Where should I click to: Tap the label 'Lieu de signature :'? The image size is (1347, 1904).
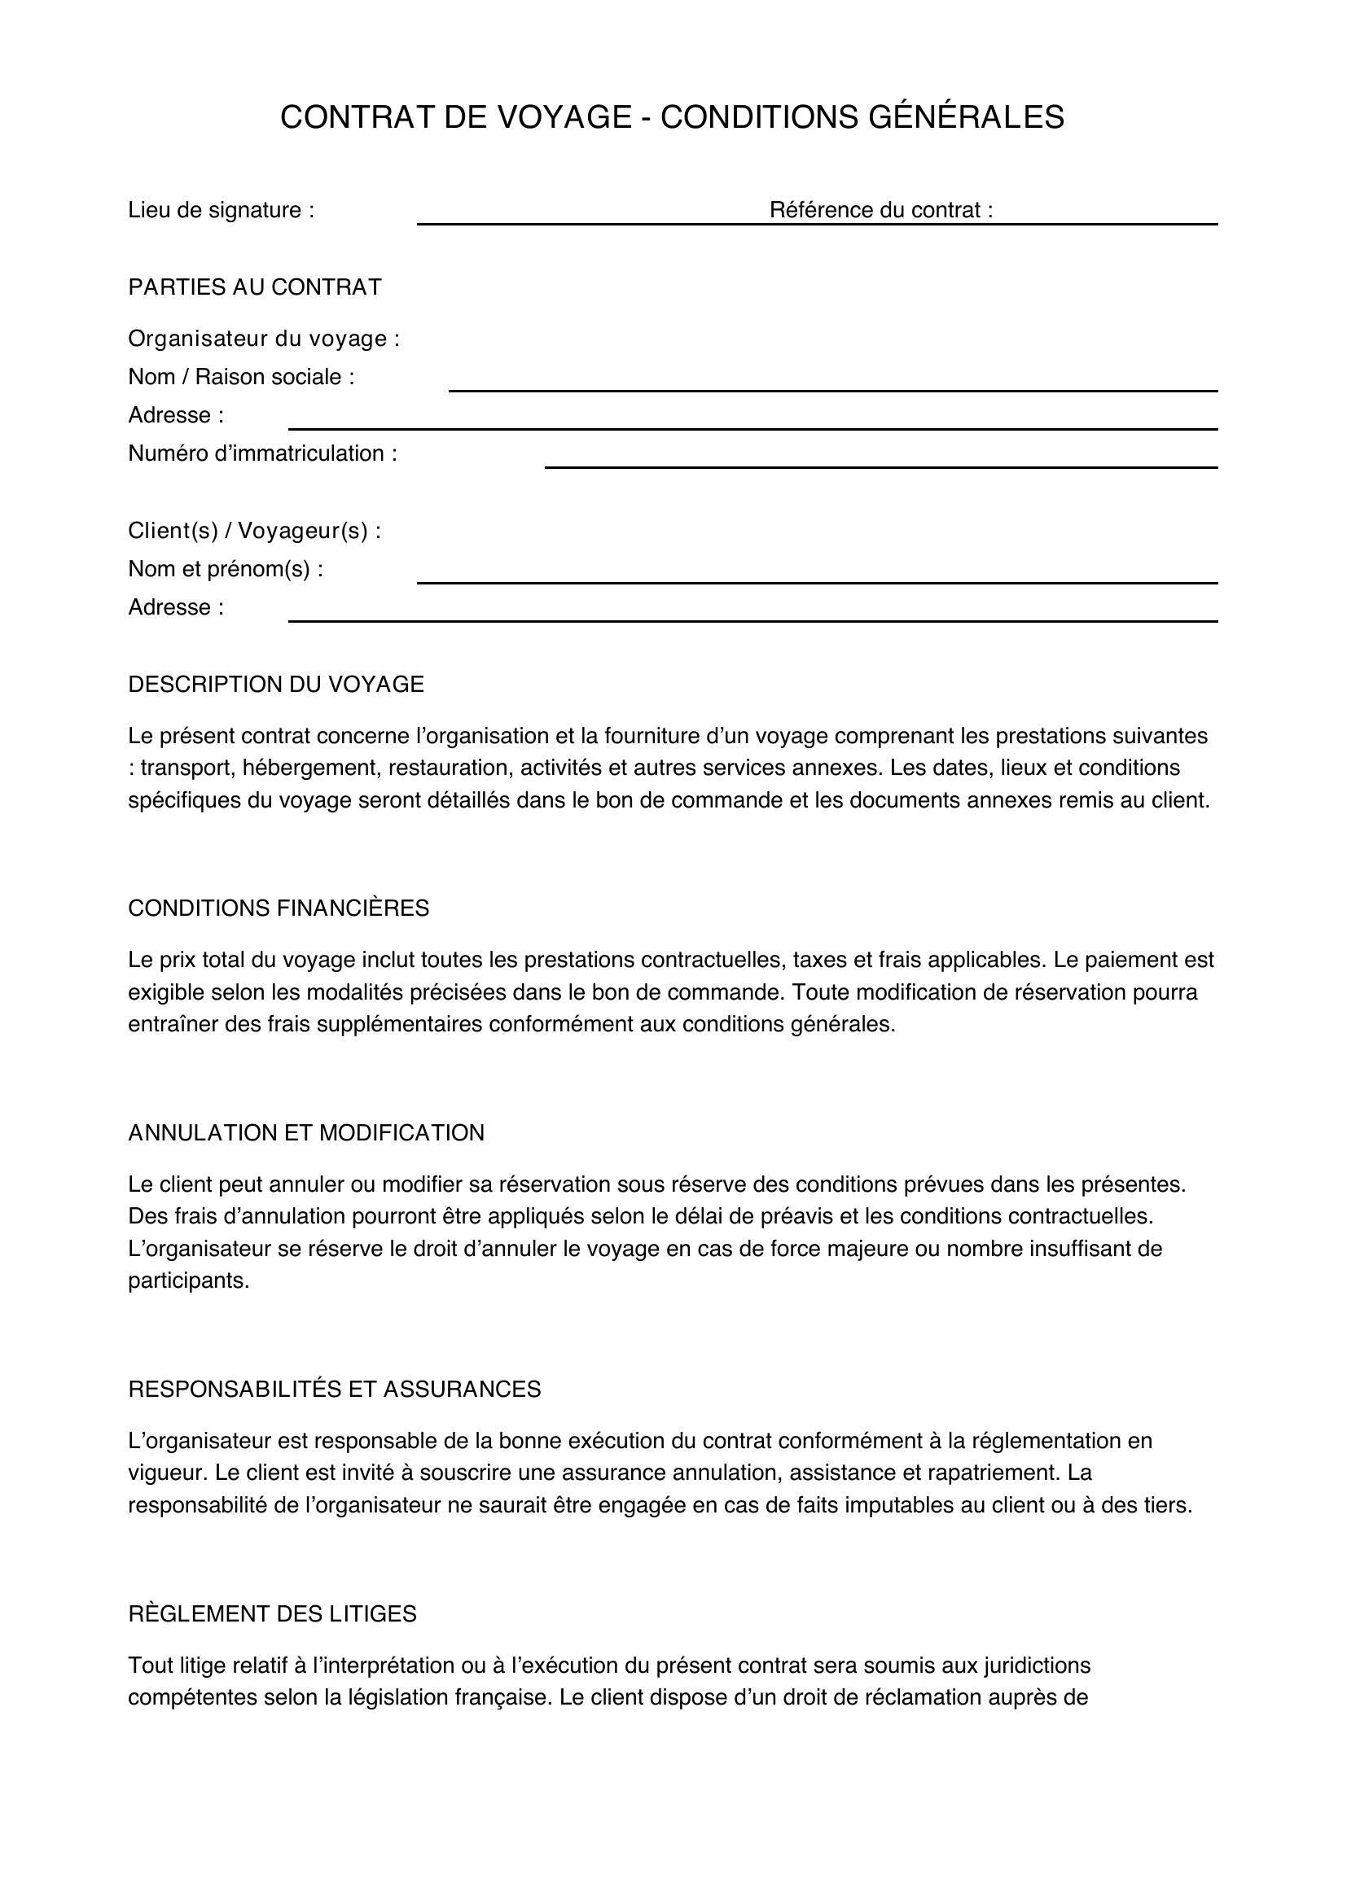[221, 210]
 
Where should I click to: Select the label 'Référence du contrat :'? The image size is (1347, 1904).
[881, 210]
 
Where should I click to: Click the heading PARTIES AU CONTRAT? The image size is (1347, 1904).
[255, 287]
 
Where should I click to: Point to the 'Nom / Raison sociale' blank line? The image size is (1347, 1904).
[833, 389]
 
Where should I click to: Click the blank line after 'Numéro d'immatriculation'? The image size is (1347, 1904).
[881, 466]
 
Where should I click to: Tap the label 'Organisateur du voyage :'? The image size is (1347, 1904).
[264, 339]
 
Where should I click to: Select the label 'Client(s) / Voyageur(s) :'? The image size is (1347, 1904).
[255, 531]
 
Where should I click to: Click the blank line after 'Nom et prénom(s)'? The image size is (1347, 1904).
[817, 581]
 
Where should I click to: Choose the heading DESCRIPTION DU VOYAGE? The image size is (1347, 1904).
[275, 684]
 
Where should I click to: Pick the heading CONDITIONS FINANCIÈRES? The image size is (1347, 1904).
[279, 908]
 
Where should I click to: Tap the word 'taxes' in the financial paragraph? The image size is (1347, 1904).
[819, 961]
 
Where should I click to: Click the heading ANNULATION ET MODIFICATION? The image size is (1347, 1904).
[306, 1133]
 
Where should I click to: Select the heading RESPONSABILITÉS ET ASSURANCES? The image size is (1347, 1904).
[334, 1389]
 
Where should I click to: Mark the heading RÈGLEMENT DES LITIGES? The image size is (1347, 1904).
[272, 1613]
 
